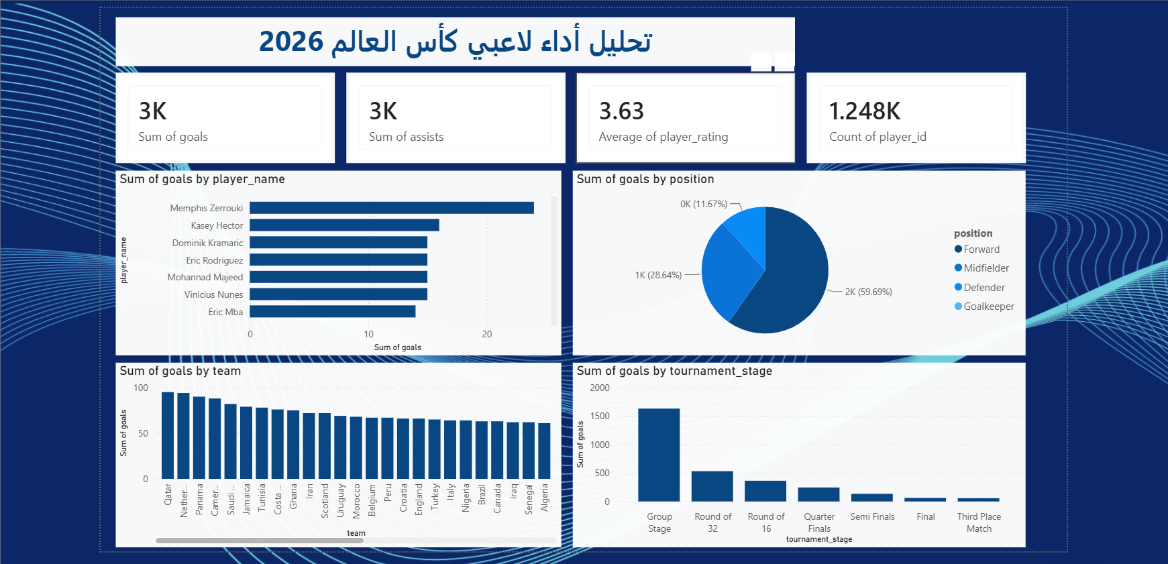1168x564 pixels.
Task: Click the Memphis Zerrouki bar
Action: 392,208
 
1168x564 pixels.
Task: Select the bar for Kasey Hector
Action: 344,225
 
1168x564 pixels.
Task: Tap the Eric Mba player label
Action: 225,312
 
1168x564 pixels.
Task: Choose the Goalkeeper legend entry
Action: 984,306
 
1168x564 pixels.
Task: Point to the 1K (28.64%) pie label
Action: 658,275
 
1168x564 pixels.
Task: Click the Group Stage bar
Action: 659,455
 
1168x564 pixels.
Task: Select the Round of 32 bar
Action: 712,486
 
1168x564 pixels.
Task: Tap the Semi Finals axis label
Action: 872,516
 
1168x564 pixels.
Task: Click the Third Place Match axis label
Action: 979,522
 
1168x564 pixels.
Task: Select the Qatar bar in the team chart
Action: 168,435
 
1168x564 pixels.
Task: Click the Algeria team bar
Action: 544,451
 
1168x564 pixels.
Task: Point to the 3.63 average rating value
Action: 621,111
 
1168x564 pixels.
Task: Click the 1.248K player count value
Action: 865,111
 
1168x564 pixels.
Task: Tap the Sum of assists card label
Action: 406,137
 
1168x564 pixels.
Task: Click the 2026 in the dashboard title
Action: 291,42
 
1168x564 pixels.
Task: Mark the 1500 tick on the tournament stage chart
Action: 600,416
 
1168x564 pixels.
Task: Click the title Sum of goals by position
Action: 645,179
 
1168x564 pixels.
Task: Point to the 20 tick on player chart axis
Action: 487,334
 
